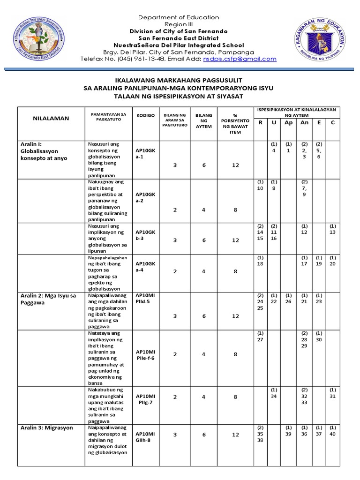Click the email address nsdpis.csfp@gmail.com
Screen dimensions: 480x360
240,59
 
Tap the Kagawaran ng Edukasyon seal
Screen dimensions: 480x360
321,45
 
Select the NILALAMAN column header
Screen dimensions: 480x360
50,118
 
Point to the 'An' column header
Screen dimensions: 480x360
304,123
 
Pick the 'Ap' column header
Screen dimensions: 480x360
288,123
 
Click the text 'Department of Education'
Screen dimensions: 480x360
180,17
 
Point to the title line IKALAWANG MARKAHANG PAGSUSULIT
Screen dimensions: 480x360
180,81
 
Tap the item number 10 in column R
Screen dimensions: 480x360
260,188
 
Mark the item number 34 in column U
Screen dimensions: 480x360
274,396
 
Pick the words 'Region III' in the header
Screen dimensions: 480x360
180,24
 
